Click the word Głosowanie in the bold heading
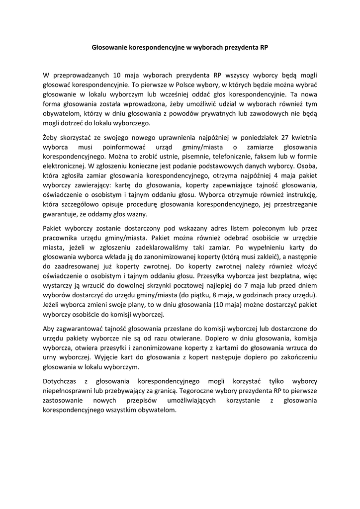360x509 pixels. pos(110,48)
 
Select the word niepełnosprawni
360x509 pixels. pos(68,391)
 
